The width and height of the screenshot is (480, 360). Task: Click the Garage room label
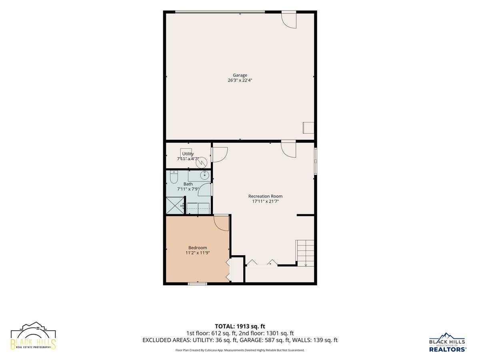pyautogui.click(x=240, y=75)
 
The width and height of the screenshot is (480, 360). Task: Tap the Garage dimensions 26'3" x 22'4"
pyautogui.click(x=240, y=80)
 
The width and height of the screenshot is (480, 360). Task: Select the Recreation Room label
pyautogui.click(x=265, y=196)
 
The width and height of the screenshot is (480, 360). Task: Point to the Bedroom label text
pyautogui.click(x=198, y=248)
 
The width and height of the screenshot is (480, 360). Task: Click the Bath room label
pyautogui.click(x=188, y=184)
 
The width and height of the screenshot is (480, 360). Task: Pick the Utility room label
pyautogui.click(x=188, y=154)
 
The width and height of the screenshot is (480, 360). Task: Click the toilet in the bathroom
pyautogui.click(x=174, y=177)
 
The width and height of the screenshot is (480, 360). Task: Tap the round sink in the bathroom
pyautogui.click(x=205, y=175)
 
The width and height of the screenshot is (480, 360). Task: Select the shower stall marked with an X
pyautogui.click(x=175, y=205)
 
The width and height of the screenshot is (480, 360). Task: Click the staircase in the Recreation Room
pyautogui.click(x=305, y=254)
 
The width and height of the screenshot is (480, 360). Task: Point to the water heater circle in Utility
pyautogui.click(x=202, y=163)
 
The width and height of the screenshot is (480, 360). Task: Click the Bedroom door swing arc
pyautogui.click(x=221, y=223)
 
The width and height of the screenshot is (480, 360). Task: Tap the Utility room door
pyautogui.click(x=220, y=155)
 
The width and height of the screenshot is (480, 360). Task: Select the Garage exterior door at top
pyautogui.click(x=289, y=20)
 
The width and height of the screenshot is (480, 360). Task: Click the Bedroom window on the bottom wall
pyautogui.click(x=198, y=284)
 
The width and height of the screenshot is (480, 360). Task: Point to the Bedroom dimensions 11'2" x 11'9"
pyautogui.click(x=198, y=253)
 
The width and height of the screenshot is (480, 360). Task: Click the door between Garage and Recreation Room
pyautogui.click(x=288, y=150)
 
